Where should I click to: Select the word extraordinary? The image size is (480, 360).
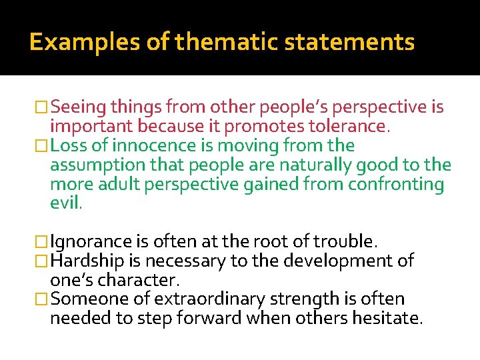pos(208,299)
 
